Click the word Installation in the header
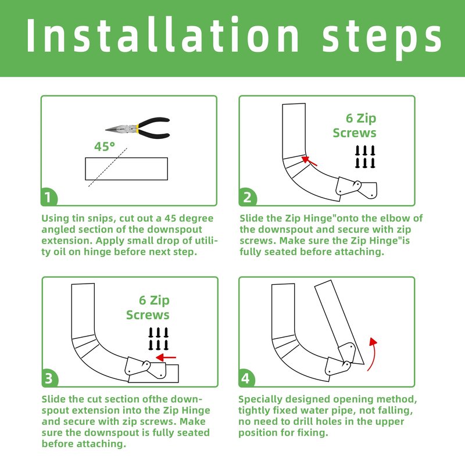pyautogui.click(x=162, y=35)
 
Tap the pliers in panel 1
pyautogui.click(x=138, y=128)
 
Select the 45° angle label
pyautogui.click(x=105, y=146)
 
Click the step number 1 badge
pyautogui.click(x=49, y=197)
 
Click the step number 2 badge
pyautogui.click(x=248, y=197)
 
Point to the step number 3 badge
pyautogui.click(x=49, y=378)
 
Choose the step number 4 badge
pyautogui.click(x=246, y=378)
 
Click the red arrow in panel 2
pyautogui.click(x=309, y=161)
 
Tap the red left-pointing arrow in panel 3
pyautogui.click(x=166, y=357)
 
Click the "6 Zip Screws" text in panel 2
pyautogui.click(x=355, y=126)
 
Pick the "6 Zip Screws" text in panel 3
pyautogui.click(x=148, y=307)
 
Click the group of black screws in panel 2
pyautogui.click(x=365, y=157)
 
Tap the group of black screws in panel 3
pyautogui.click(x=158, y=339)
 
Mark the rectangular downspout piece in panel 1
pyautogui.click(x=126, y=169)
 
